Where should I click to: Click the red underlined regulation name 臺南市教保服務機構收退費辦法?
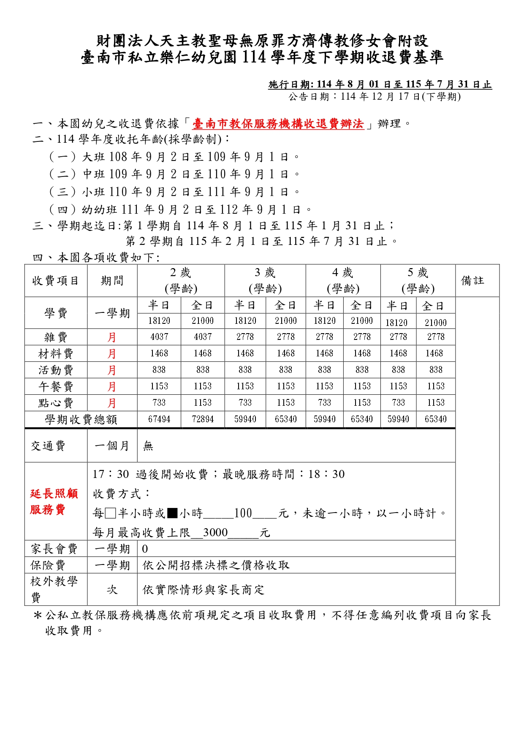coord(278,124)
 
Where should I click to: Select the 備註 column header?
coord(472,281)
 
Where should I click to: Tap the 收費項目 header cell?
coord(56,281)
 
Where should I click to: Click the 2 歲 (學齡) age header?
coord(181,281)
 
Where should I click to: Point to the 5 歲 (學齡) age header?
coord(418,281)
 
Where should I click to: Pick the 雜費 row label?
coord(56,337)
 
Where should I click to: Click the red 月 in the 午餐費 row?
coord(112,387)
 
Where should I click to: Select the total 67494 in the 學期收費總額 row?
coord(159,419)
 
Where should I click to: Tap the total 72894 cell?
coord(203,419)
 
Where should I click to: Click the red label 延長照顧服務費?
coord(54,502)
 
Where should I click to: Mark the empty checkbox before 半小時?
coord(111,513)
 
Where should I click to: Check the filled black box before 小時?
coord(172,513)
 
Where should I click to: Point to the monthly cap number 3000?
coord(215,533)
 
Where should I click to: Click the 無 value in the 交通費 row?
coord(148,446)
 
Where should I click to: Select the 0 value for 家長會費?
coord(145,549)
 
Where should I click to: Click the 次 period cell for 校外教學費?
coord(112,590)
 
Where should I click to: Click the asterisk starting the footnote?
coord(38,616)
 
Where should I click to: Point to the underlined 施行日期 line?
coord(380,84)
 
